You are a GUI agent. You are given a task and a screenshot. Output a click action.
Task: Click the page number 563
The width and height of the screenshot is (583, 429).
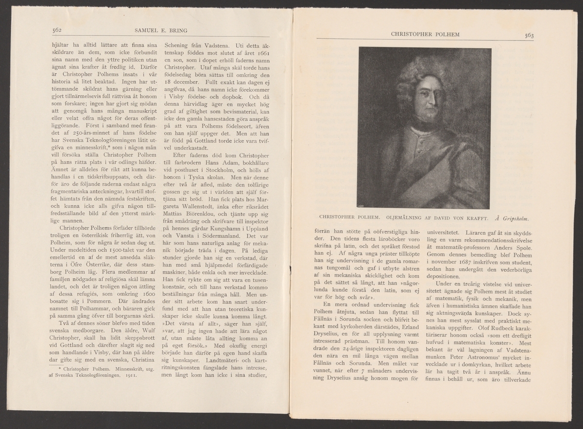coord(529,34)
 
